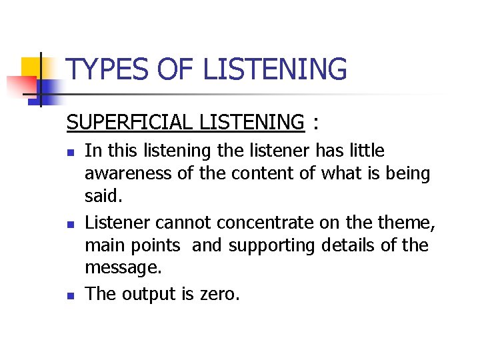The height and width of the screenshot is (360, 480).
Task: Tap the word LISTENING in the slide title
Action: coord(275,70)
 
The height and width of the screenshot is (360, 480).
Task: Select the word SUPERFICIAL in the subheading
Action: coord(137,123)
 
